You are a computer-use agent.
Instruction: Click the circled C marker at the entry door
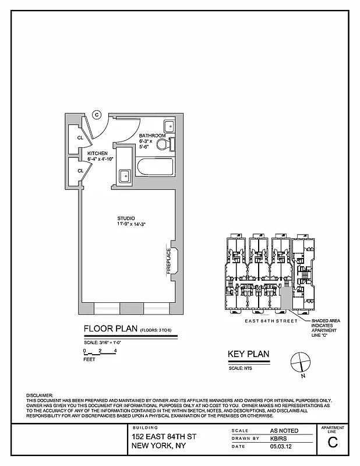pos(97,115)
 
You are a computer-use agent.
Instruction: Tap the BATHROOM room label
pos(152,136)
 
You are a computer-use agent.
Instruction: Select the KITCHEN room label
pos(97,153)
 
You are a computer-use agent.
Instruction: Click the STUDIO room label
pos(125,218)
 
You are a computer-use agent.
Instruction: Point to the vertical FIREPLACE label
pos(169,261)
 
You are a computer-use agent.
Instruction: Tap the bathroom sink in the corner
pos(170,125)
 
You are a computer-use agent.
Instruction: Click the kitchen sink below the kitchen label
pos(124,175)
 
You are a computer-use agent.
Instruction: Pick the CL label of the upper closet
pos(80,138)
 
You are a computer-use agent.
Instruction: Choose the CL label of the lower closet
pos(80,171)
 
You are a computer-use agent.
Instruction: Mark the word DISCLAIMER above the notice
pos(40,396)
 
